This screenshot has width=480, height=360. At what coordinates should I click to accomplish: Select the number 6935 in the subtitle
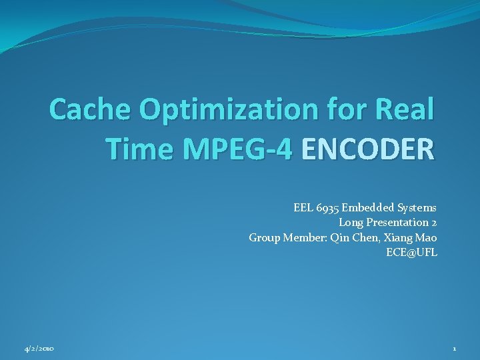coord(327,208)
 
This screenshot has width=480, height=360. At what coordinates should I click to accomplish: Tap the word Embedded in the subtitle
coord(368,208)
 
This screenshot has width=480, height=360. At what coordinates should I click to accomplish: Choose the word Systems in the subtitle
coord(417,208)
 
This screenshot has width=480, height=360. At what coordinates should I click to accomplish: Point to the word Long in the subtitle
coord(351,223)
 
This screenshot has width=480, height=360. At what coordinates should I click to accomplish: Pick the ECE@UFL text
coord(411,252)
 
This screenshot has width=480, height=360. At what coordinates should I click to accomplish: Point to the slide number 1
coord(454,349)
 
